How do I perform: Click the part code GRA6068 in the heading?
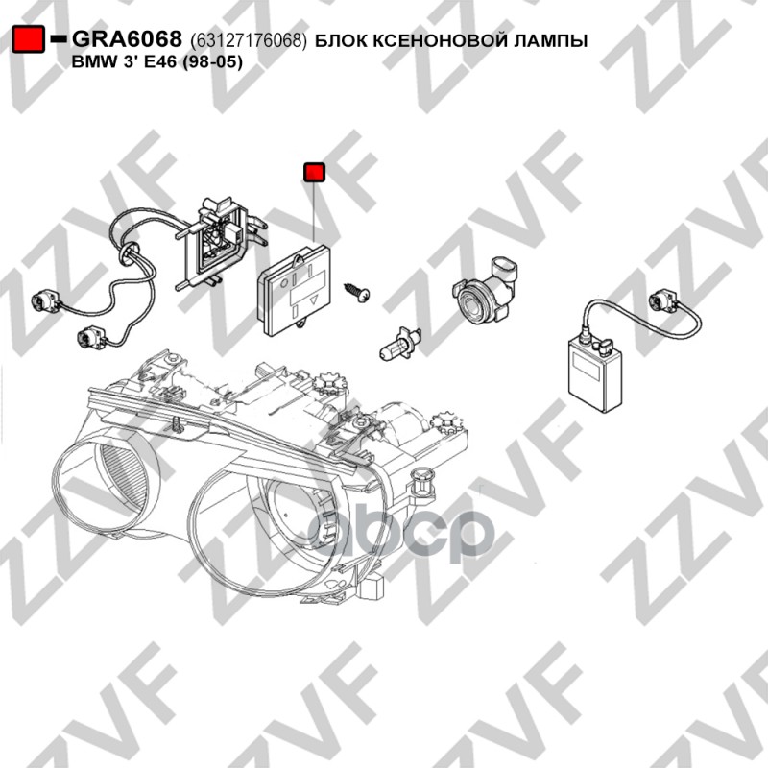pyautogui.click(x=127, y=38)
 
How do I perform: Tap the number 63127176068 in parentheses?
pyautogui.click(x=249, y=40)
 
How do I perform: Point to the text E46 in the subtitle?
pyautogui.click(x=159, y=61)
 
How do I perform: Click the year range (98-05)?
pyautogui.click(x=212, y=62)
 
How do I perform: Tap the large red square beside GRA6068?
pyautogui.click(x=28, y=39)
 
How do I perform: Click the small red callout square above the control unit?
pyautogui.click(x=315, y=172)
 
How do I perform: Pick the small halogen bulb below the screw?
pyautogui.click(x=400, y=343)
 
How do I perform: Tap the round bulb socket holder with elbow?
pyautogui.click(x=485, y=291)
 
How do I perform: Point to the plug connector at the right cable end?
pyautogui.click(x=663, y=300)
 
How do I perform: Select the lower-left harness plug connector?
pyautogui.click(x=91, y=337)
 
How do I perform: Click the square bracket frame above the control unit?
pyautogui.click(x=218, y=242)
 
